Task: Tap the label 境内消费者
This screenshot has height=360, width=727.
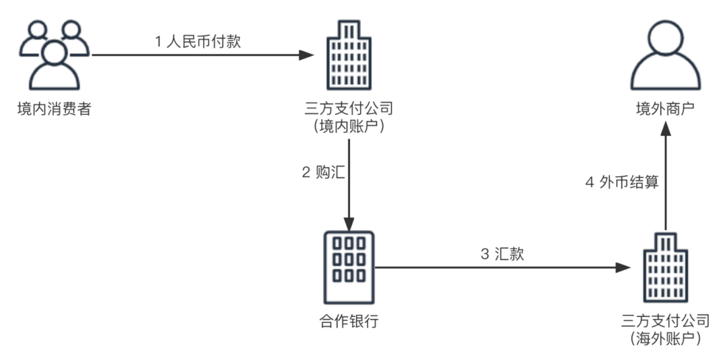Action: (54, 108)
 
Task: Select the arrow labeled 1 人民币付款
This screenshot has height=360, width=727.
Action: (202, 55)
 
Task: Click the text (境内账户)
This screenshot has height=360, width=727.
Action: (349, 126)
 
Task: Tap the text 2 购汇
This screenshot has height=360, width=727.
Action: (323, 172)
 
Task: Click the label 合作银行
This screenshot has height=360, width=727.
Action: (349, 321)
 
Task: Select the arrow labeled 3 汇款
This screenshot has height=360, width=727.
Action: (498, 267)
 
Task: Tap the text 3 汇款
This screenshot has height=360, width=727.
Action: (502, 254)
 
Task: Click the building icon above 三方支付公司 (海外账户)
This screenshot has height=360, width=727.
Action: (666, 267)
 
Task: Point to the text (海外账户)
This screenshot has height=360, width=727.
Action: (666, 338)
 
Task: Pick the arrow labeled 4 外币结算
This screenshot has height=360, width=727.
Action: (666, 182)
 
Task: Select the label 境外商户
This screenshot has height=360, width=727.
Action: (666, 108)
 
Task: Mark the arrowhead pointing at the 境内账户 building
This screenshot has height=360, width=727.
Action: (308, 55)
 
